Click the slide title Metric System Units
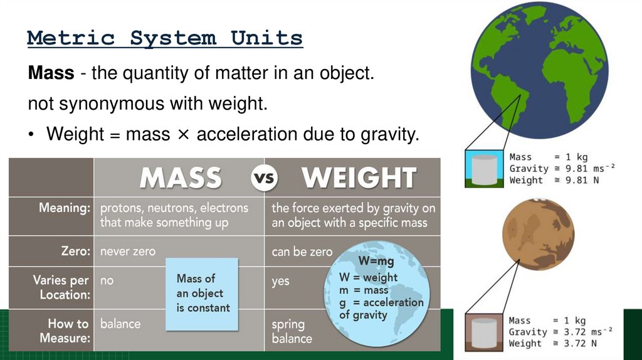coord(165,38)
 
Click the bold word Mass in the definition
coord(51,74)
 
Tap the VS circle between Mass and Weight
coord(264,178)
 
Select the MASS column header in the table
coord(181,178)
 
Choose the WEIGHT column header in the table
coord(359,178)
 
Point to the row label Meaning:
coord(65,208)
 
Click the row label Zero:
coord(75,251)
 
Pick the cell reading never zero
coord(127,251)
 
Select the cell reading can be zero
coord(302,252)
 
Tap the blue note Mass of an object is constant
coord(202,294)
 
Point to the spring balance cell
coord(292,331)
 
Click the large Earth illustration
coord(539,70)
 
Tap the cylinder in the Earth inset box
coord(483,169)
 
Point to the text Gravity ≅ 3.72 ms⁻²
coord(560,332)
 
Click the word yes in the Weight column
coord(280,281)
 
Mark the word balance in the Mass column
coord(120,324)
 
